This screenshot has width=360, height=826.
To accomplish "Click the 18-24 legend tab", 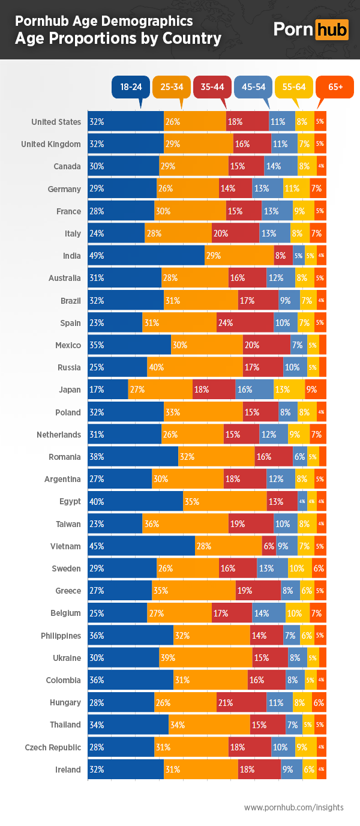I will point(131,87).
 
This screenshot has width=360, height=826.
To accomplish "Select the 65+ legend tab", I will point(335,87).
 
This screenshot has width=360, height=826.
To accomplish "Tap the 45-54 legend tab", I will point(253,87).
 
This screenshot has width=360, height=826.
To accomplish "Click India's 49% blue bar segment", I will point(146,256).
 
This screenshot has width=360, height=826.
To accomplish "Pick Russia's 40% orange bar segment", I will point(194,367).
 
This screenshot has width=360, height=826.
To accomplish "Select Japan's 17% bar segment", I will point(108,390).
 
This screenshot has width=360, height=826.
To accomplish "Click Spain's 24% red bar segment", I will point(245,323).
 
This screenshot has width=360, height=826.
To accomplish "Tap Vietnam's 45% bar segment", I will point(141,546).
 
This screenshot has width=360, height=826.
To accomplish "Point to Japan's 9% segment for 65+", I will point(316,390).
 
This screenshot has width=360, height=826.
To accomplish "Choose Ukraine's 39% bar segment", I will point(205,658).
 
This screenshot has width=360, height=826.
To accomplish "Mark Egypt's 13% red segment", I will point(282,501).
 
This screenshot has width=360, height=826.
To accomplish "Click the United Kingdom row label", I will point(51,144).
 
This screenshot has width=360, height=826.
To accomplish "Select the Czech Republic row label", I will point(53,747).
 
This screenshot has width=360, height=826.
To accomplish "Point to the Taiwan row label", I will point(68,524).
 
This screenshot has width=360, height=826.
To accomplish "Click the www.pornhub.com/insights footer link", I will point(293,807).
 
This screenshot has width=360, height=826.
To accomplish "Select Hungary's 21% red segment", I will point(241,702).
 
